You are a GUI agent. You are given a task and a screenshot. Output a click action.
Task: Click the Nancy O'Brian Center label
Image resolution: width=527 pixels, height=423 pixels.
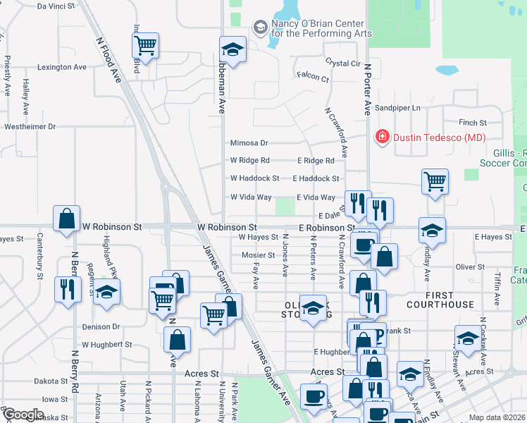coord(321,27)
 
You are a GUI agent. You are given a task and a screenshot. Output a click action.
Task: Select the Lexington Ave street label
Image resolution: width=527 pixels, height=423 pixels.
coord(61,67)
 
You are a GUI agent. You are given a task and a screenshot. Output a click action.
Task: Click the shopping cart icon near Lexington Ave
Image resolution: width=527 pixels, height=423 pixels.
coord(145,46)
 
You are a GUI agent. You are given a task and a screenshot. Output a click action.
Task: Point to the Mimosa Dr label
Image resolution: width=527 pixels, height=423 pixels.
coord(249,142)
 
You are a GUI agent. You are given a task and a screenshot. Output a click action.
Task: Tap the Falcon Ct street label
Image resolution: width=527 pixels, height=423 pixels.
coord(313,78)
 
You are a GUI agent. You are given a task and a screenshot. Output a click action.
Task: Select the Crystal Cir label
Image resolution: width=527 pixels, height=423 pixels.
coord(342,63)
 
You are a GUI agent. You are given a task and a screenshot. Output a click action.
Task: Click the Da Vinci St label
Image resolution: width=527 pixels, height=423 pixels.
coord(56,6)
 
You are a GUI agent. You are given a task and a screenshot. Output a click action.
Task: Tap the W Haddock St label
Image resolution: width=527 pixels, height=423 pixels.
coord(254,178)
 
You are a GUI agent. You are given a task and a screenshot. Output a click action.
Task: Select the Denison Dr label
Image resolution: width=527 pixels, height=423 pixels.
coord(101,327)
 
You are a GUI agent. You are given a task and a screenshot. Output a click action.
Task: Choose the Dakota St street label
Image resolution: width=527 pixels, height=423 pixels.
coord(49,381)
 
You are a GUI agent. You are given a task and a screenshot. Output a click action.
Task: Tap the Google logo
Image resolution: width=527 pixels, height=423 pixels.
coord(23,415)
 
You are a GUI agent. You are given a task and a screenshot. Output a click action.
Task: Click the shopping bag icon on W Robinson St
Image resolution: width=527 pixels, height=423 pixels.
coord(66,219)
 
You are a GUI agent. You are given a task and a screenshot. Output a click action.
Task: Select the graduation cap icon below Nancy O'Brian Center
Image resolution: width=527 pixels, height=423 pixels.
coord(232,49)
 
